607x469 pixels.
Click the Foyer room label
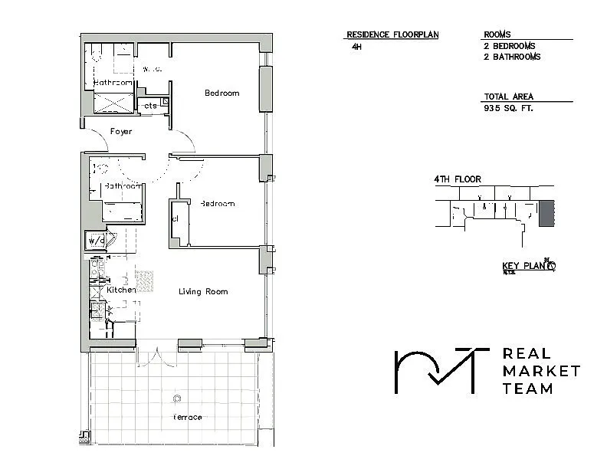pos(121,132)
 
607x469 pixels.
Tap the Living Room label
pos(203,292)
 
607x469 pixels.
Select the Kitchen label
pos(121,290)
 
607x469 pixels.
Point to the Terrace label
pos(187,417)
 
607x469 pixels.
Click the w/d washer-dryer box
pos(96,241)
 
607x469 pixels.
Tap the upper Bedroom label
pos(221,93)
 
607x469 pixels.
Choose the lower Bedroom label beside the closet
pos(217,204)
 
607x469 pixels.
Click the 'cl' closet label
pos(176,218)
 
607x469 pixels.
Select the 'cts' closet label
pos(150,106)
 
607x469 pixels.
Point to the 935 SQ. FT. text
pos(508,108)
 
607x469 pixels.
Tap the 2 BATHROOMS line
pos(512,57)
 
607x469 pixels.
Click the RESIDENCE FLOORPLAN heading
pos(392,34)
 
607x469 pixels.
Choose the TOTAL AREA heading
pos(508,97)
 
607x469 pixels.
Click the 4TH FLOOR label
pos(458,179)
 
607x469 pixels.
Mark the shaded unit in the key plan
pos(546,214)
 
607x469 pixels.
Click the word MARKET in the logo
pos(540,371)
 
